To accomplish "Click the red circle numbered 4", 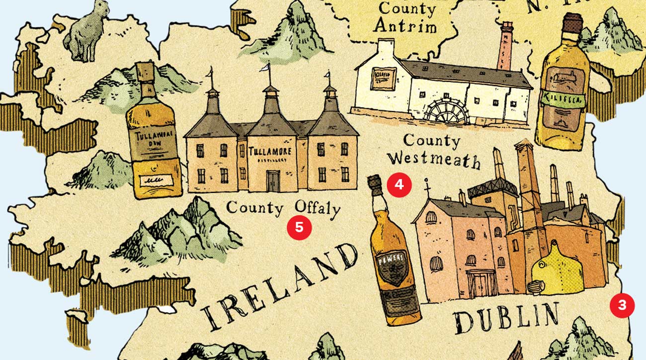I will (x=400, y=185).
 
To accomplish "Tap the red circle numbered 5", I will (x=299, y=228).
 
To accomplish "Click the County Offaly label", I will (x=283, y=207).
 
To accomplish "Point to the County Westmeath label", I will (x=433, y=151).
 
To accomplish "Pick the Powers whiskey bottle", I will (x=393, y=254).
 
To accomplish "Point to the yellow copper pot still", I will (x=557, y=269).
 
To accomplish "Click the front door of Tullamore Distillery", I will (x=273, y=180).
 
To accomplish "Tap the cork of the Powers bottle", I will (x=375, y=185).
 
